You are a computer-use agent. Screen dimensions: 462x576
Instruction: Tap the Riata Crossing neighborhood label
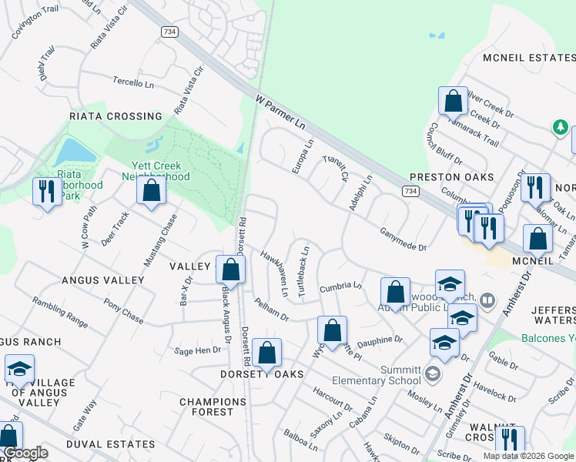click(116, 117)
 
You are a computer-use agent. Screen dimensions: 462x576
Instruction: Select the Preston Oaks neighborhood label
click(451, 177)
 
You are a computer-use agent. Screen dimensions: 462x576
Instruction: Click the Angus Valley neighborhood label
click(103, 280)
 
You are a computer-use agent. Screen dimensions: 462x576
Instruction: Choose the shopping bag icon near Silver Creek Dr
click(453, 100)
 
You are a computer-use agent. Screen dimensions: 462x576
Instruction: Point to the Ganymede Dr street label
click(404, 238)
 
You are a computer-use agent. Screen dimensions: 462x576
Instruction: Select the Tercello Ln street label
click(136, 82)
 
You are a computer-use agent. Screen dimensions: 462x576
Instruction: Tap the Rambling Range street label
click(60, 310)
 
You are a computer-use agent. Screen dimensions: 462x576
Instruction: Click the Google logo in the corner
click(25, 454)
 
